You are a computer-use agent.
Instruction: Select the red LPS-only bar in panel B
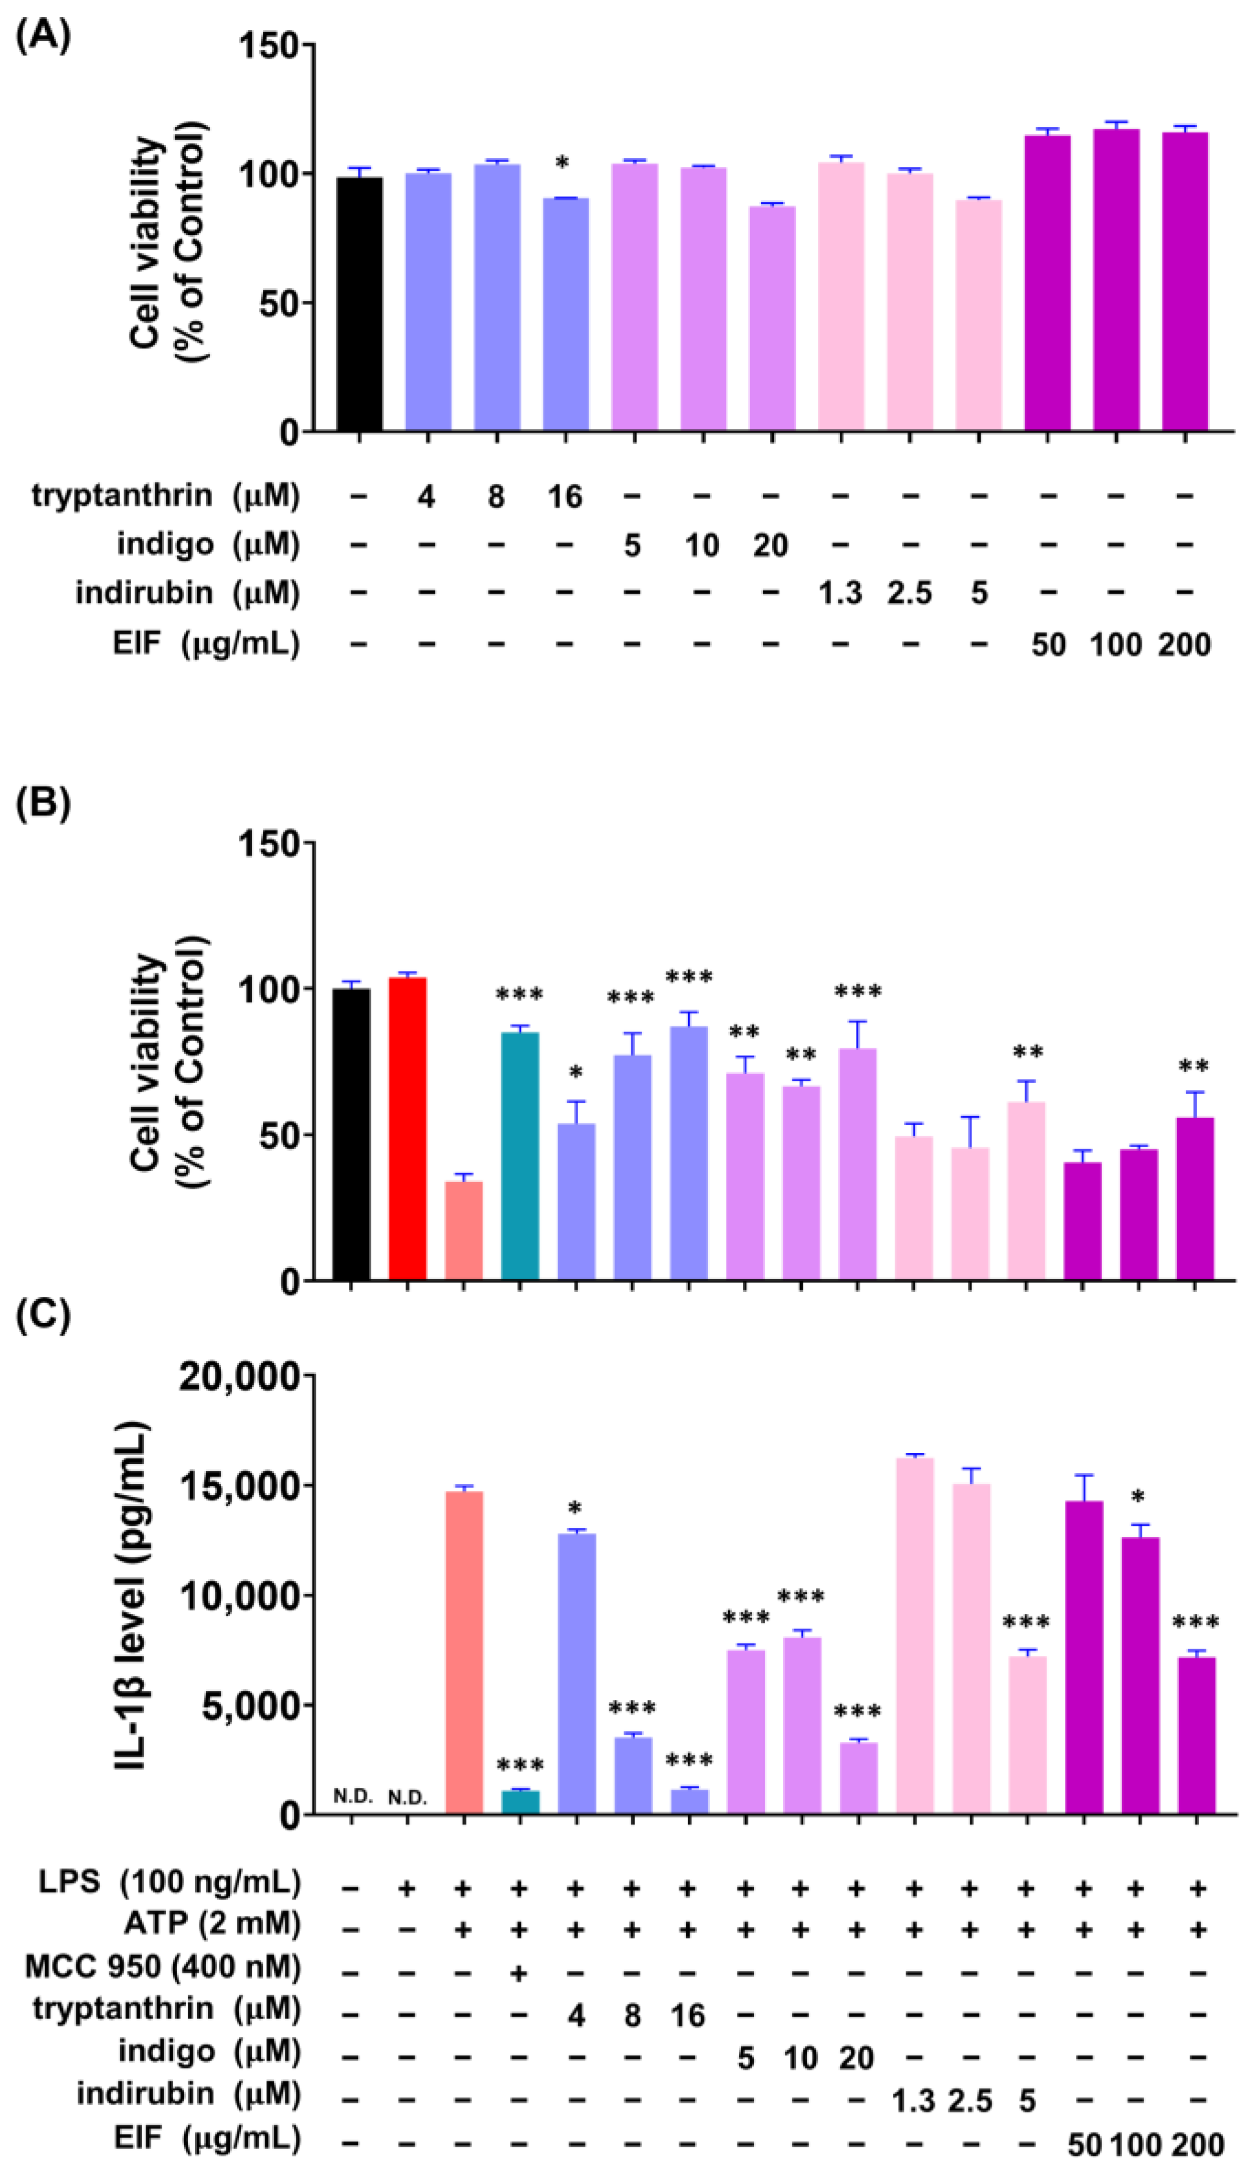pyautogui.click(x=407, y=1128)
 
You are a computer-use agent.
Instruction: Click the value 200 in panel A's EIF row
pyautogui.click(x=1184, y=644)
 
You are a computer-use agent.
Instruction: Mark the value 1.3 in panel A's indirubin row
pyautogui.click(x=840, y=594)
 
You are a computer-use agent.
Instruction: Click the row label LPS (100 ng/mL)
pyautogui.click(x=170, y=1882)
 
